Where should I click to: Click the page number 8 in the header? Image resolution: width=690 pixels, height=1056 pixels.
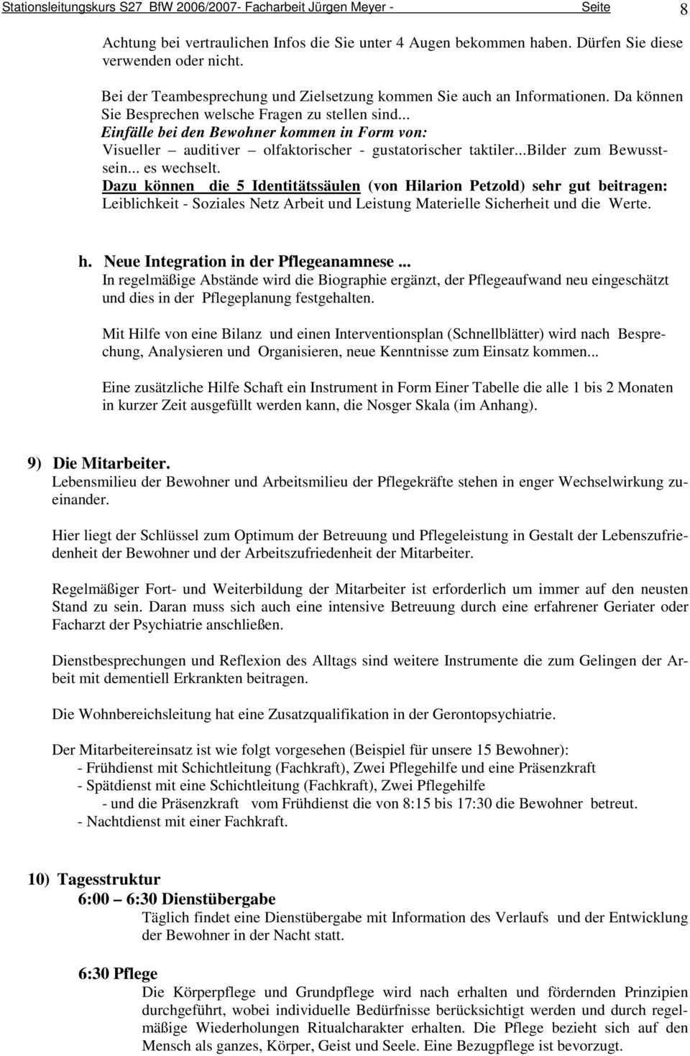[682, 9]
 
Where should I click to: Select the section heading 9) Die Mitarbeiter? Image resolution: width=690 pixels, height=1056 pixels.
[99, 463]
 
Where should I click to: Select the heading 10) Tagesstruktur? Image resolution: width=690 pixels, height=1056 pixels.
[94, 879]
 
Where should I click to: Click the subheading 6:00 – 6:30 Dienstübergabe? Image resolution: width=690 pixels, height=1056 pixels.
[177, 899]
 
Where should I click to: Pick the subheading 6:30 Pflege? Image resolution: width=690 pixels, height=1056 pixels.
[118, 974]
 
